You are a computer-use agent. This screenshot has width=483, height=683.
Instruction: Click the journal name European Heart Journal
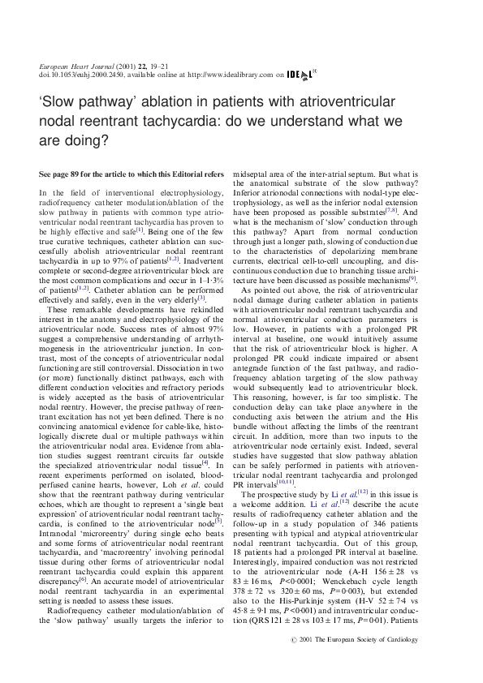pyautogui.click(x=71, y=64)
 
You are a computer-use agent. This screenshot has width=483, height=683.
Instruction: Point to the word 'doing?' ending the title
pyautogui.click(x=84, y=139)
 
